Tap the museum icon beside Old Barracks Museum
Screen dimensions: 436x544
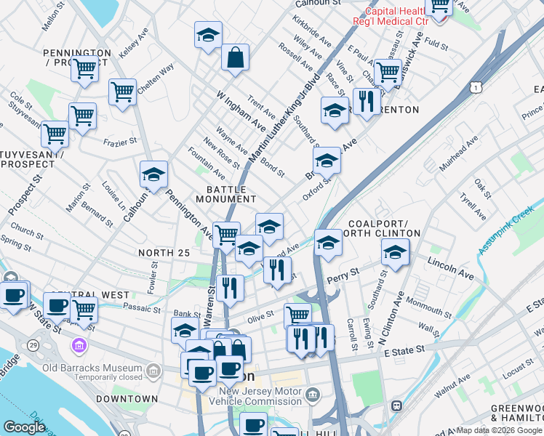coord(153,372)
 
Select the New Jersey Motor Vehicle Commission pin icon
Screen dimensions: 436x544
coord(313,396)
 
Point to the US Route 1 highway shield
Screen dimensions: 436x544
coord(476,86)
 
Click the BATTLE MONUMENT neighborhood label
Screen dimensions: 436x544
coord(225,194)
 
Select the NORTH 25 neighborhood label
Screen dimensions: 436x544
coord(164,253)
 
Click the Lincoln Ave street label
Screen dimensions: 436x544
coord(450,267)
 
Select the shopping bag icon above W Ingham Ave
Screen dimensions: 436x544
coord(236,59)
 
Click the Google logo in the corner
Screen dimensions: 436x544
coord(24,427)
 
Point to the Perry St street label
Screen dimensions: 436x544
coord(344,275)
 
